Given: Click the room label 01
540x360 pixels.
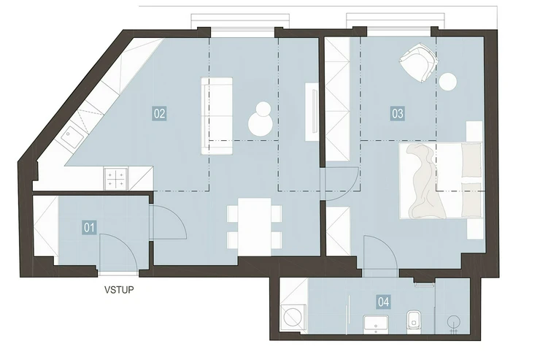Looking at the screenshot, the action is click(x=89, y=227).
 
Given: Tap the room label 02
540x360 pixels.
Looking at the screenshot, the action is click(x=160, y=113).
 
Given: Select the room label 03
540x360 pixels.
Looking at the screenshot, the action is click(x=398, y=113).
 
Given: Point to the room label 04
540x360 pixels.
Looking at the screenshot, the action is click(x=384, y=302).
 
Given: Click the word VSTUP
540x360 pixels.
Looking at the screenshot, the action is click(x=119, y=290).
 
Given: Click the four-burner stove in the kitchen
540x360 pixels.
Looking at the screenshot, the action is click(x=116, y=179).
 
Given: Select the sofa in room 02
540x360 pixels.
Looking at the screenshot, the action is click(x=217, y=116).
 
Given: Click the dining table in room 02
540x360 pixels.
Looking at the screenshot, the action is click(x=255, y=226).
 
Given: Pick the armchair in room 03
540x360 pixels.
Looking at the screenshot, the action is click(x=419, y=62).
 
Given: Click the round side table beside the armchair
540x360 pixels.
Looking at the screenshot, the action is click(x=448, y=82).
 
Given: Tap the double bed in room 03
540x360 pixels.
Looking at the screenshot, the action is click(x=441, y=181).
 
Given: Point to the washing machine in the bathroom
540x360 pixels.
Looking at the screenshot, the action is click(x=294, y=318).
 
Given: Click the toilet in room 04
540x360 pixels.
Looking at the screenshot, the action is click(x=414, y=322).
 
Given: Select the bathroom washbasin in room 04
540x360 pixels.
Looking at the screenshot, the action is click(x=376, y=324).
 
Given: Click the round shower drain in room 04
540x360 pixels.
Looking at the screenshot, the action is click(x=454, y=323).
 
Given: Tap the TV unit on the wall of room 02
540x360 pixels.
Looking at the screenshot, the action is click(x=312, y=112).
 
